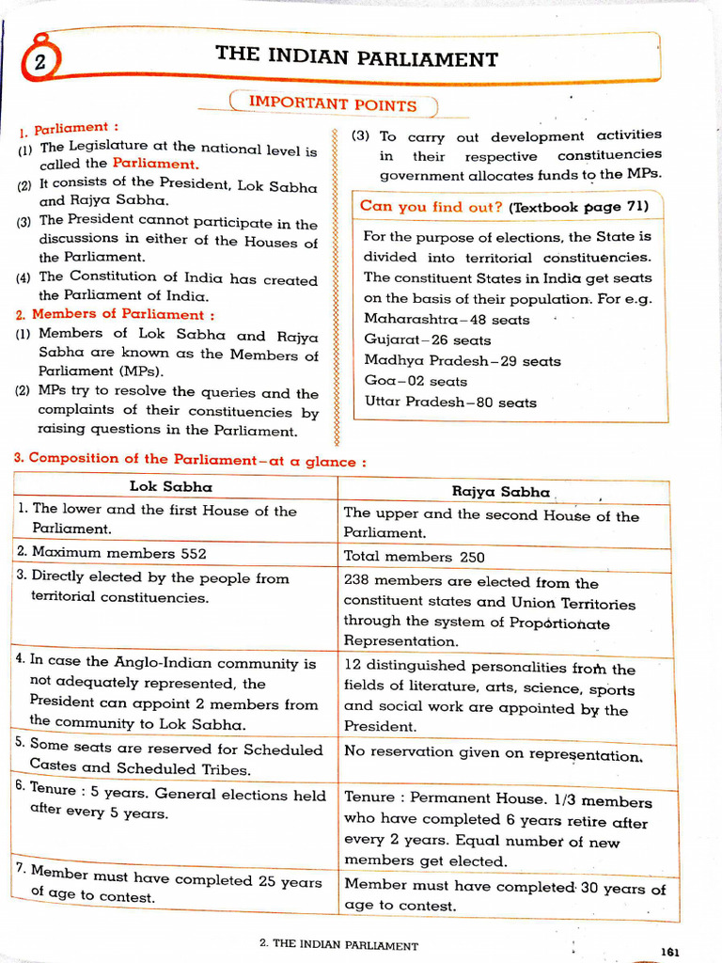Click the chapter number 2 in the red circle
[39, 63]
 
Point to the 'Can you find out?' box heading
[432, 206]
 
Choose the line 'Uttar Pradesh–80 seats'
[450, 403]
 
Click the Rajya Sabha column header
[500, 492]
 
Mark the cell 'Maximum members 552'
[111, 553]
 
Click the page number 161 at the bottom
[669, 952]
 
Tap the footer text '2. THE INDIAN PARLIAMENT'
[338, 945]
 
